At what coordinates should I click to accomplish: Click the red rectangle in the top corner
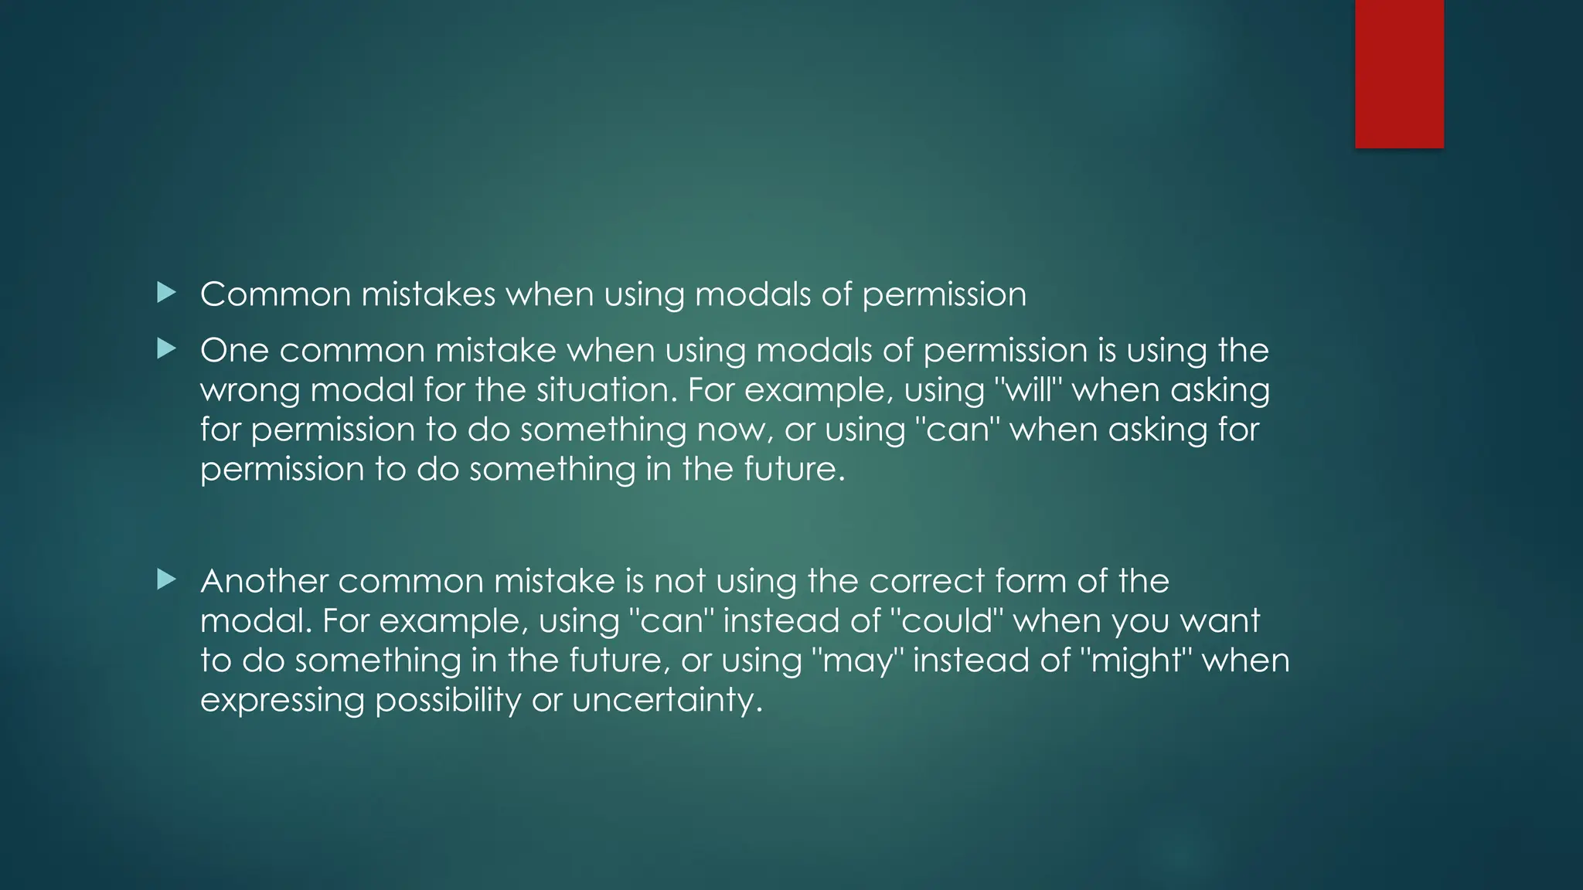1399,73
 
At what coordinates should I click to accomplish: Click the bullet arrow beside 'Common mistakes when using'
166,293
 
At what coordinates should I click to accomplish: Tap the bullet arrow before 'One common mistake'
166,349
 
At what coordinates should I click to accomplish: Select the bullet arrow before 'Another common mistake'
166,579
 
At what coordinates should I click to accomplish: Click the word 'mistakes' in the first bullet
428,294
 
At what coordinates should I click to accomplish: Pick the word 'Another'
264,581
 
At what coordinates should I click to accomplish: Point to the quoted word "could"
947,621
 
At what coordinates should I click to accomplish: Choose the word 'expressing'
282,701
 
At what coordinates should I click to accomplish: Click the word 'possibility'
448,701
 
